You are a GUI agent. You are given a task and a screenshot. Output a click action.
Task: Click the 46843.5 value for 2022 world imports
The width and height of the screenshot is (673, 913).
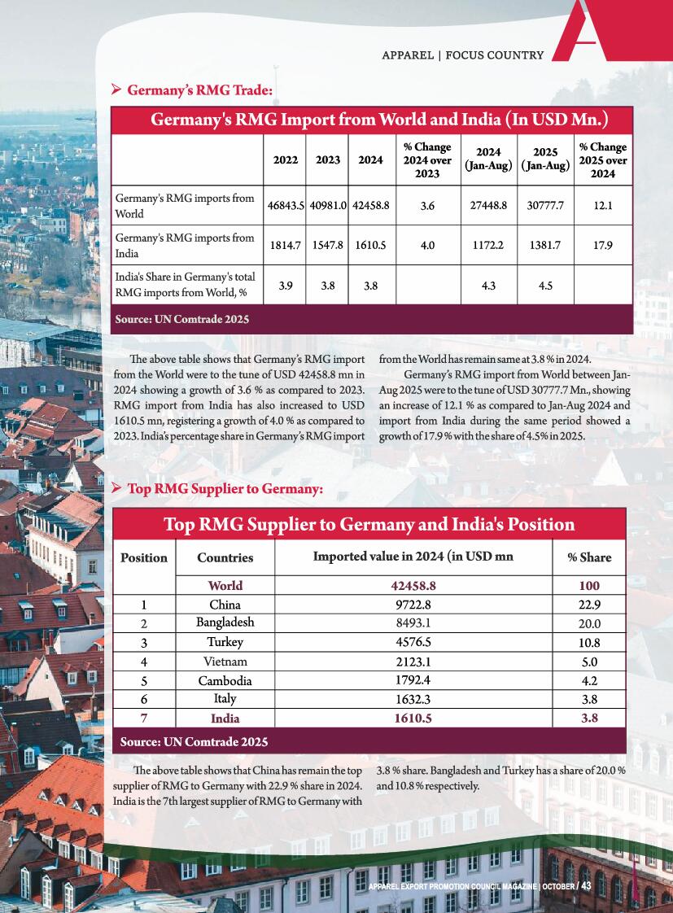click(286, 206)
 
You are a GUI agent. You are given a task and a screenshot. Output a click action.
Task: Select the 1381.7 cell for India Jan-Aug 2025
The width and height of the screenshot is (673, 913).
click(544, 245)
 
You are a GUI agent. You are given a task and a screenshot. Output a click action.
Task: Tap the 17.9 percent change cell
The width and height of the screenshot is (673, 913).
click(602, 245)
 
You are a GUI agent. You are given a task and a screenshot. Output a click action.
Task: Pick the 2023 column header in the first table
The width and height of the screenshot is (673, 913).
click(328, 160)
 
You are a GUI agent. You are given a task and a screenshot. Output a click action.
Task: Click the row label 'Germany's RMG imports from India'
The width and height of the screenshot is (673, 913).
click(185, 245)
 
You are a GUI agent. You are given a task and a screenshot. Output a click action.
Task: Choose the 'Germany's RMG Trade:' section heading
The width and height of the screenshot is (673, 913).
click(199, 90)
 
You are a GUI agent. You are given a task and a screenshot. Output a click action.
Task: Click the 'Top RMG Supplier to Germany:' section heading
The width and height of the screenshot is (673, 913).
click(225, 489)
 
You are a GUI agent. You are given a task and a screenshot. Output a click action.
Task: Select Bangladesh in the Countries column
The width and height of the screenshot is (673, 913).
click(225, 622)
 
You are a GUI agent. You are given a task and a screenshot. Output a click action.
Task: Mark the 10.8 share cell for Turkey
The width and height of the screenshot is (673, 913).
click(589, 642)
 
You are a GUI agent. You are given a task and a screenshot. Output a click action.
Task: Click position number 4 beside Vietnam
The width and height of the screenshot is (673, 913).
click(143, 662)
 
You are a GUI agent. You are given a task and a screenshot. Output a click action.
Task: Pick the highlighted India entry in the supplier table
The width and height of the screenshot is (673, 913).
click(225, 719)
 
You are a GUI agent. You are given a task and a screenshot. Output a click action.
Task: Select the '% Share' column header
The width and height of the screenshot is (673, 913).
click(589, 557)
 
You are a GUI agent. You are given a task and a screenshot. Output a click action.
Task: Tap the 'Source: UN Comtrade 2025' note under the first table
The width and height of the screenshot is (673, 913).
click(182, 320)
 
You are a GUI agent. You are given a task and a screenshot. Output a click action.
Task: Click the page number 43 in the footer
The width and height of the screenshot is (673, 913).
click(585, 885)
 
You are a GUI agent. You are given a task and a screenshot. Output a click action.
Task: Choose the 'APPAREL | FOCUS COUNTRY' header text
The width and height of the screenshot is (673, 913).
click(462, 55)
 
